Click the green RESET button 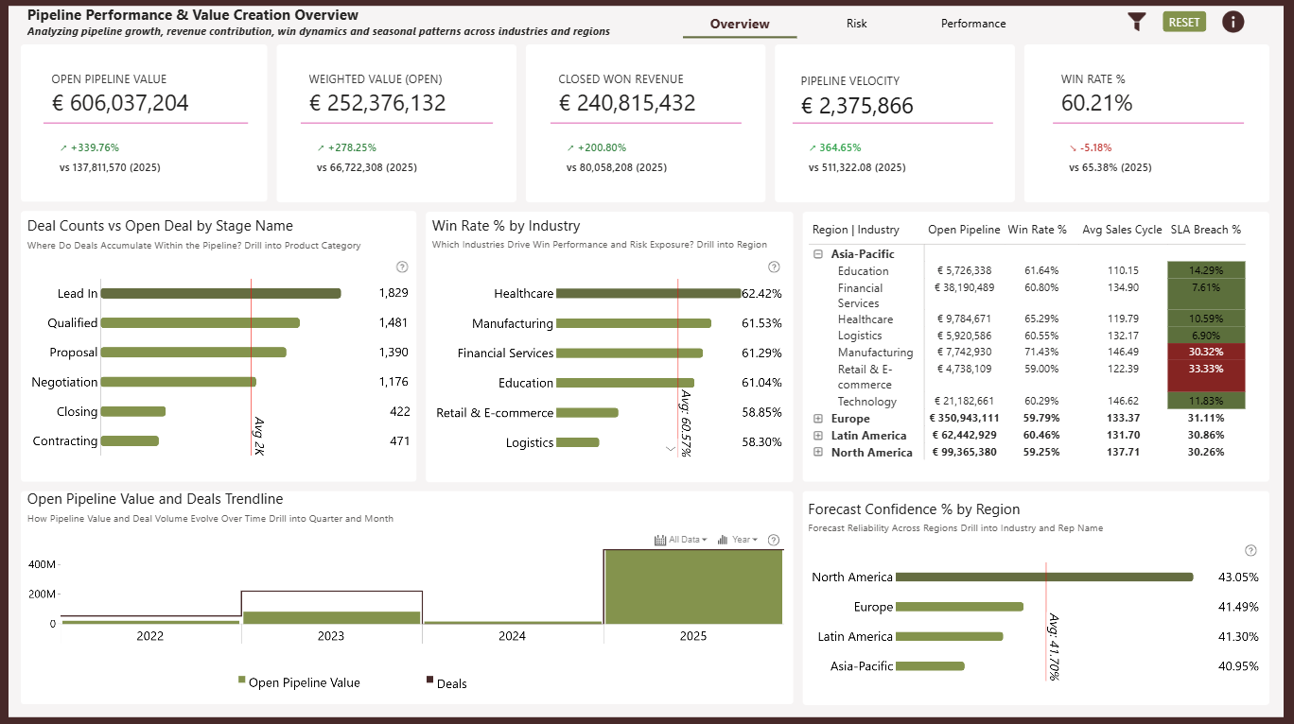pos(1183,22)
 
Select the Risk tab pos(856,23)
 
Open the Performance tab pos(972,23)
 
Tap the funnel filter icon pos(1136,22)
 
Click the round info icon pos(1233,22)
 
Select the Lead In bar pos(220,293)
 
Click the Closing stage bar pos(133,412)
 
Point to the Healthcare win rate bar pos(648,293)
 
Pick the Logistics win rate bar pos(578,442)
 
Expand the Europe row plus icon pos(818,418)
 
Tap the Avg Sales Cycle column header pos(1122,230)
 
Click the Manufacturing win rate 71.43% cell pos(1041,352)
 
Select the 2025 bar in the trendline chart pos(693,587)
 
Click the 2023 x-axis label pos(330,636)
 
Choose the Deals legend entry pos(446,683)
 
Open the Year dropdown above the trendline pos(738,540)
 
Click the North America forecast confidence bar pos(1044,577)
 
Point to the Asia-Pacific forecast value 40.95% pos(1238,665)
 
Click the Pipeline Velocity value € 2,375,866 pos(857,106)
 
